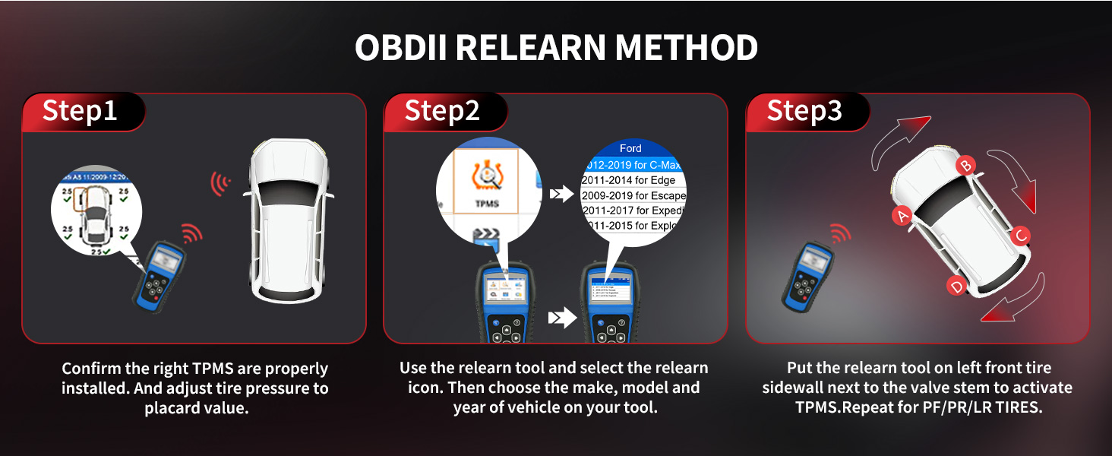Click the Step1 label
[80, 111]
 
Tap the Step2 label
[442, 111]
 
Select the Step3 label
[804, 111]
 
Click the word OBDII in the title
[401, 48]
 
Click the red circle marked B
[965, 164]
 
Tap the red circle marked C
[1022, 236]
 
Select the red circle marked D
[957, 286]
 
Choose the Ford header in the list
[630, 148]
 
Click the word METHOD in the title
[687, 48]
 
